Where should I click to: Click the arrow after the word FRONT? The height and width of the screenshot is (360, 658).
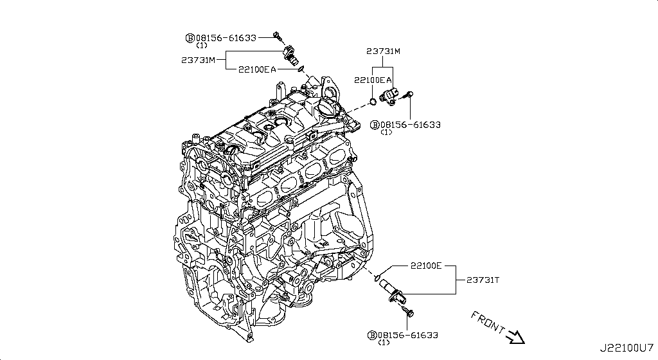click(x=516, y=336)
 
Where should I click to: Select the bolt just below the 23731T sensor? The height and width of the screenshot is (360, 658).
click(x=409, y=313)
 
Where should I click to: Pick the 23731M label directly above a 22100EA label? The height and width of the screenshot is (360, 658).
click(x=384, y=51)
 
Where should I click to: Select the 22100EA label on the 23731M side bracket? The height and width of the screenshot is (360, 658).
click(x=256, y=69)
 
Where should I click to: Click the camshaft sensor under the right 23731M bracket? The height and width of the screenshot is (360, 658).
click(x=390, y=96)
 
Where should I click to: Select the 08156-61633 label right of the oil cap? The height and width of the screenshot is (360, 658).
click(x=409, y=125)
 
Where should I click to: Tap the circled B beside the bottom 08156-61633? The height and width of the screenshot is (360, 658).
click(x=371, y=335)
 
